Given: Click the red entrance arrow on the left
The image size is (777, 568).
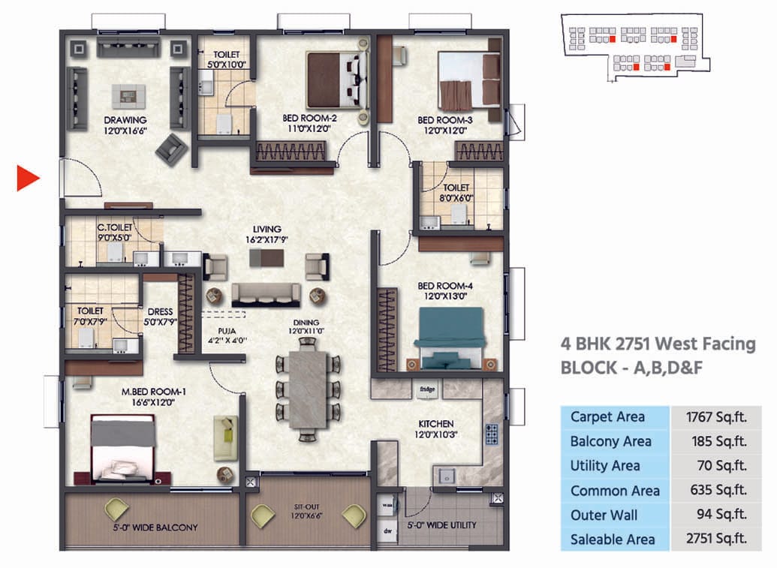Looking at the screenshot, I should click(28, 179).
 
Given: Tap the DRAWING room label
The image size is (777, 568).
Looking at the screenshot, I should click(125, 119).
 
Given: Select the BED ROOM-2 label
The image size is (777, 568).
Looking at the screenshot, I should click(309, 119).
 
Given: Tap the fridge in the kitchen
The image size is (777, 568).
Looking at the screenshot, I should click(429, 389).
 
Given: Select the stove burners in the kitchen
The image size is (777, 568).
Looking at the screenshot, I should click(492, 434).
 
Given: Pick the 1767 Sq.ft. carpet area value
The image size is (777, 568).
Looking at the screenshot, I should click(715, 416).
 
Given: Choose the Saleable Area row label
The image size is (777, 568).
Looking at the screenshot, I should click(613, 539).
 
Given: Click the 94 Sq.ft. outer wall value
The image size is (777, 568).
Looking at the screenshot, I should click(721, 515).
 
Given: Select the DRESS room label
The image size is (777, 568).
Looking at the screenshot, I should click(160, 311).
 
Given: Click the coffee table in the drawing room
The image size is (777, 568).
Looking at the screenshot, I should click(126, 95).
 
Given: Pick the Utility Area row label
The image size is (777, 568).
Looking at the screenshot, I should click(605, 466).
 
